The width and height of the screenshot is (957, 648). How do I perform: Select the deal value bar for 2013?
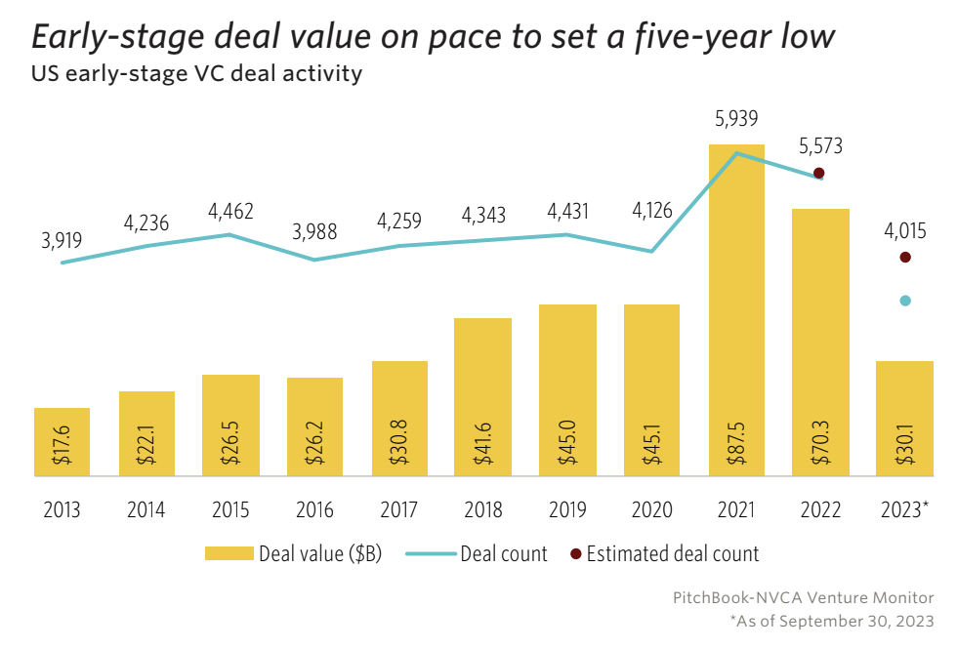(62, 442)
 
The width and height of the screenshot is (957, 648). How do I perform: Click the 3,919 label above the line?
(62, 237)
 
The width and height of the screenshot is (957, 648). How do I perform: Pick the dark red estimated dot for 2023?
(905, 258)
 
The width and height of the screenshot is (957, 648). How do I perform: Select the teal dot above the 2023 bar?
(905, 301)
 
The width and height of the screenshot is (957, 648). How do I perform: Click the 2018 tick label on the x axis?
(483, 510)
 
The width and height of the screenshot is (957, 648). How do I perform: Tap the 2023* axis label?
(905, 510)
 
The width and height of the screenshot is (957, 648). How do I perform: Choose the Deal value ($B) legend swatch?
(229, 554)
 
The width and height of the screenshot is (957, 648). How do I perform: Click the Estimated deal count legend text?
(673, 554)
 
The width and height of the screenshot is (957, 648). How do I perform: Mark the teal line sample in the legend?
(426, 554)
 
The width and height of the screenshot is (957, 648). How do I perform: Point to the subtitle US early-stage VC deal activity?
(197, 74)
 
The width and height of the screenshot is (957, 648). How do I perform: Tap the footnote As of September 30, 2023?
(832, 621)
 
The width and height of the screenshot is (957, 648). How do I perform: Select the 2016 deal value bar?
(314, 426)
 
